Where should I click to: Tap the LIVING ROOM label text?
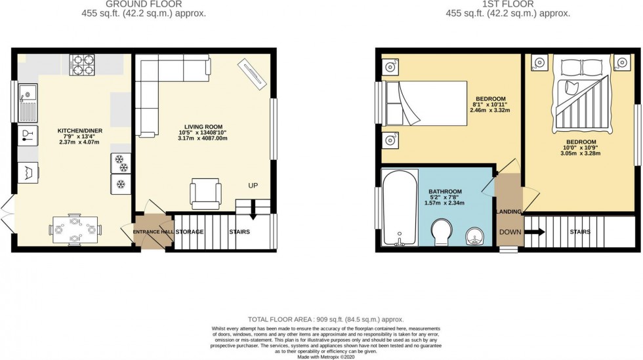pyautogui.click(x=203, y=127)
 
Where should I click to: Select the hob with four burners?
pyautogui.click(x=82, y=64)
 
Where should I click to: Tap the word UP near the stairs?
pyautogui.click(x=253, y=186)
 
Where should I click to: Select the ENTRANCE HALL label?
pyautogui.click(x=152, y=232)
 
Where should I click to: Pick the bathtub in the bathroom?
pyautogui.click(x=399, y=206)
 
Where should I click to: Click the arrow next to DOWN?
pyautogui.click(x=535, y=231)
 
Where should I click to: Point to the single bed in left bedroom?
pyautogui.click(x=425, y=103)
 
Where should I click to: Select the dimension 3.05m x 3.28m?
pyautogui.click(x=581, y=153)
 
